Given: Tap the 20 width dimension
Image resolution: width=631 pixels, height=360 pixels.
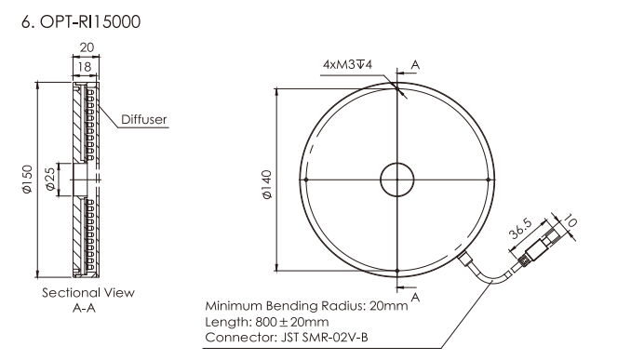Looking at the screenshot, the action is click(x=87, y=47).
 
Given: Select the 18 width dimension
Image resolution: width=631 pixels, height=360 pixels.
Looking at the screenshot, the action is click(x=85, y=67).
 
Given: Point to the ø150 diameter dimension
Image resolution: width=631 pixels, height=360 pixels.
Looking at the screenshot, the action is click(x=27, y=180).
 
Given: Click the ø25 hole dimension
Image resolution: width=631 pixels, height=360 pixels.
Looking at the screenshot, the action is click(x=50, y=179).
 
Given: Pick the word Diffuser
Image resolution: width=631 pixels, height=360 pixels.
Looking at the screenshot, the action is click(x=143, y=119).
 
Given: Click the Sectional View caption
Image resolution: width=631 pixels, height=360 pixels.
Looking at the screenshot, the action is click(x=88, y=292).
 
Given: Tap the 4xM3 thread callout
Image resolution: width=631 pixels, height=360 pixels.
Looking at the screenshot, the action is click(x=347, y=64).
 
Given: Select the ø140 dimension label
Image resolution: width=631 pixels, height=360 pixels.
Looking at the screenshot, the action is click(x=267, y=184).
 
